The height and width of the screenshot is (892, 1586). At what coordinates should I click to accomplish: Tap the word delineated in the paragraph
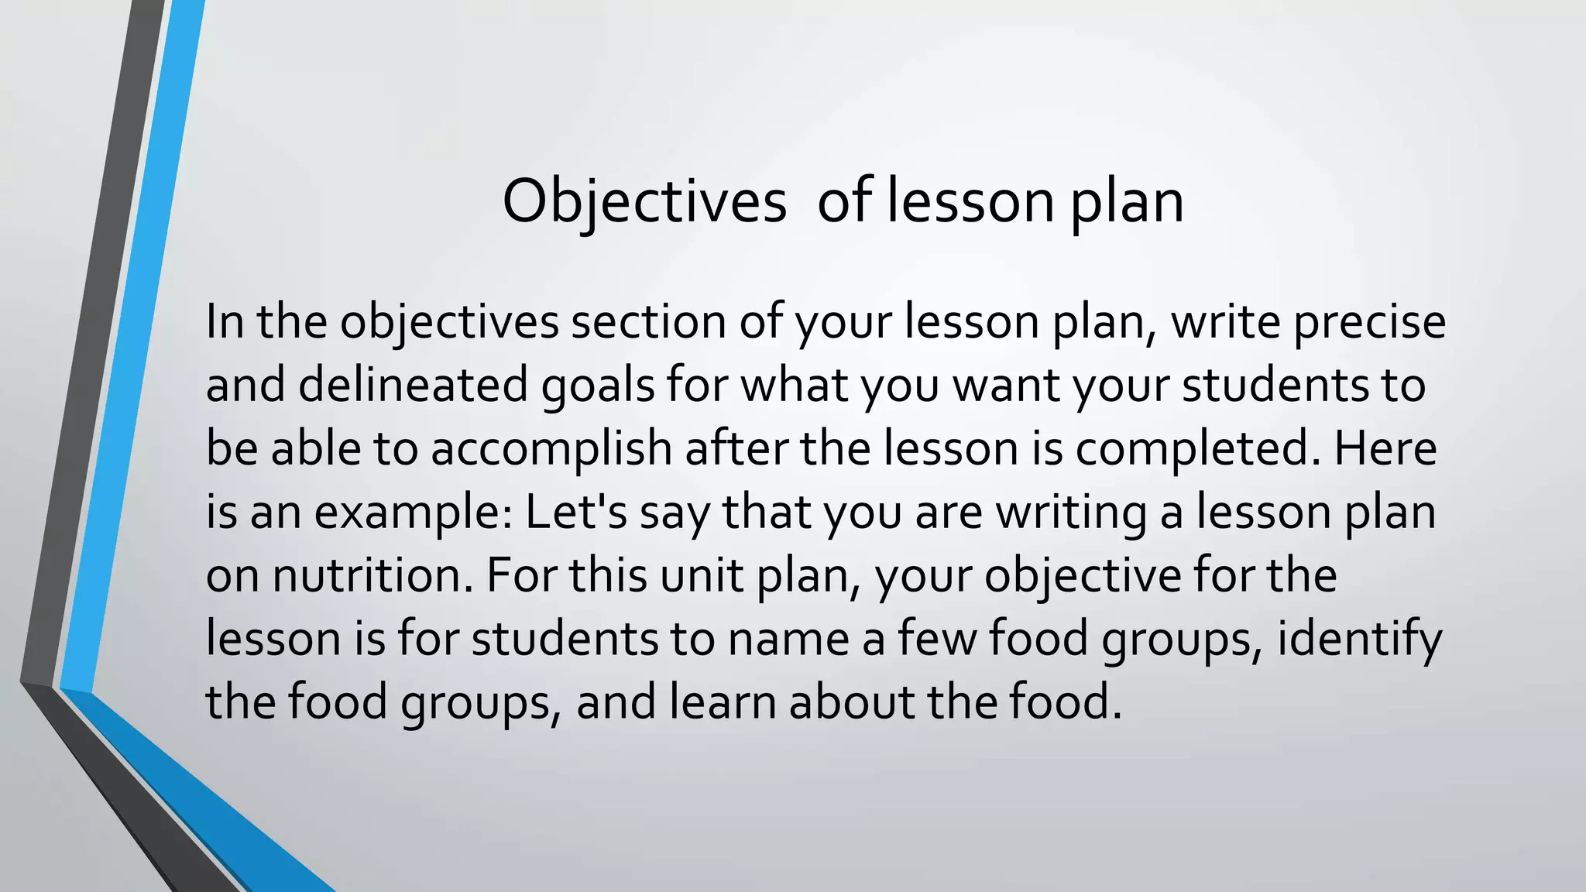pyautogui.click(x=413, y=385)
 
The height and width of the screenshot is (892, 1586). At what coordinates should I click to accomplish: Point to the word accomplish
pyautogui.click(x=551, y=448)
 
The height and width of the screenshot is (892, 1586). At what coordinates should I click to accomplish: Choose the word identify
pyautogui.click(x=1359, y=640)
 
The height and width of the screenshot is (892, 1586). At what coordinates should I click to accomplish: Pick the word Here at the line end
pyautogui.click(x=1385, y=448)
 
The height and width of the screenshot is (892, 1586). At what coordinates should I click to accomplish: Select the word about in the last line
pyautogui.click(x=852, y=702)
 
